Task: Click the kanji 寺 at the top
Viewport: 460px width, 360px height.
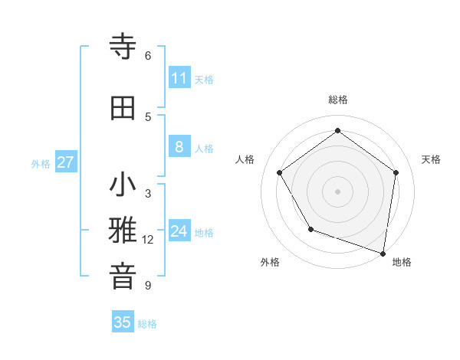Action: coord(123,47)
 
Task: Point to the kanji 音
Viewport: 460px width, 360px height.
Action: coord(123,276)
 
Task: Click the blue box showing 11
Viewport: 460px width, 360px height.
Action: coord(179,78)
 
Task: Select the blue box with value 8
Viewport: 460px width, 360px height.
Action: coord(179,147)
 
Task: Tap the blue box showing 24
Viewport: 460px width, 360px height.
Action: coord(179,231)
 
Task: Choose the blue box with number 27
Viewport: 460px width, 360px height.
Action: coord(66,162)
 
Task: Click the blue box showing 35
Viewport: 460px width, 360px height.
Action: coord(123,322)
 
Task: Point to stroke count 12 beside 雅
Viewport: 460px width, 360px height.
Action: coord(148,240)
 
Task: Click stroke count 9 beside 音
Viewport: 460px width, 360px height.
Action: coord(148,286)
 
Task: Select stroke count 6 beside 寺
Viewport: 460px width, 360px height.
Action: coord(148,55)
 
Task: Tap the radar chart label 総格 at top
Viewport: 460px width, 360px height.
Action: coord(337,100)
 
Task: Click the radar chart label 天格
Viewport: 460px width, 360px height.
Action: coord(431,159)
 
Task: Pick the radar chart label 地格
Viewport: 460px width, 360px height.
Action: coord(402,262)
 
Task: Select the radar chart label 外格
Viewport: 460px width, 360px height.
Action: coord(270,262)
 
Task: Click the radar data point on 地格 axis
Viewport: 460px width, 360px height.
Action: coord(383,253)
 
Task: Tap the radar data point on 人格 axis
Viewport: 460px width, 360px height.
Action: coord(280,172)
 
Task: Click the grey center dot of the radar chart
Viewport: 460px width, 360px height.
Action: coord(337,191)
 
